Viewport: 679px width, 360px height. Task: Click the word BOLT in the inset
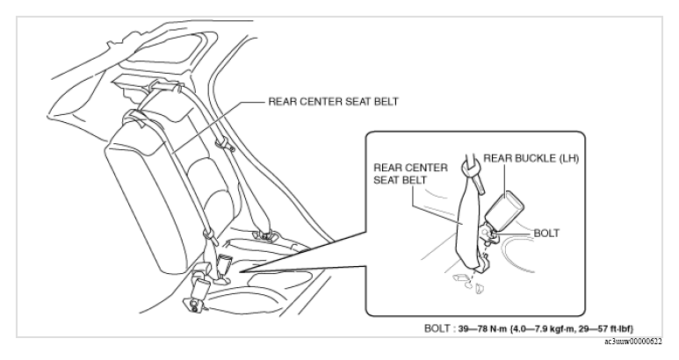coord(546,234)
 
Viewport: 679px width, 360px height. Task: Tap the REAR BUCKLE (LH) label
coord(531,158)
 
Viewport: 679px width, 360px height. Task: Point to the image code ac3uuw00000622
coord(633,342)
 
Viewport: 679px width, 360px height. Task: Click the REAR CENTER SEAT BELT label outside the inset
coord(334,102)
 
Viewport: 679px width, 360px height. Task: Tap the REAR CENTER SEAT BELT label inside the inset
coord(410,174)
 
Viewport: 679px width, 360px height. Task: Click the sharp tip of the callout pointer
coord(240,272)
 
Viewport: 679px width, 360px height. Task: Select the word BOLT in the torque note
coord(437,328)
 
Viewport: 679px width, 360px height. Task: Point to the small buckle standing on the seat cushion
coord(225,265)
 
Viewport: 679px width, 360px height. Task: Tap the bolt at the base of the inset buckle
coord(490,234)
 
